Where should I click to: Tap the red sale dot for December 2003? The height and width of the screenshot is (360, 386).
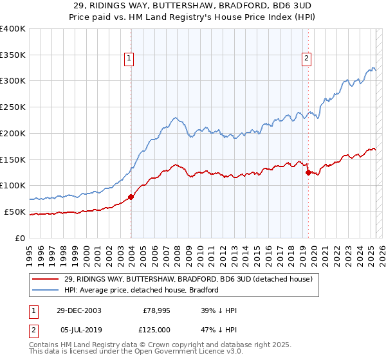(x=131, y=197)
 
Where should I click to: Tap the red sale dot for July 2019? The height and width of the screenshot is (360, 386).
(x=308, y=172)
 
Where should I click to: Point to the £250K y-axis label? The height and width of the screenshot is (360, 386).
(x=13, y=107)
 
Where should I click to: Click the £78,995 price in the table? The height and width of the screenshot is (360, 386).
(x=156, y=310)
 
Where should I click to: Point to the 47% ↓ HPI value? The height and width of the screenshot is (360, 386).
(x=219, y=329)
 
